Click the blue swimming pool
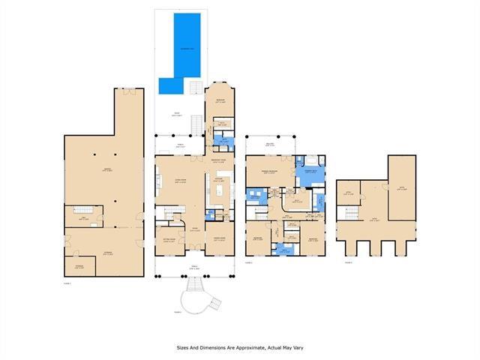click(184, 49)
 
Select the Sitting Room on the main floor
click(171, 241)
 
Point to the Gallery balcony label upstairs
click(270, 142)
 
